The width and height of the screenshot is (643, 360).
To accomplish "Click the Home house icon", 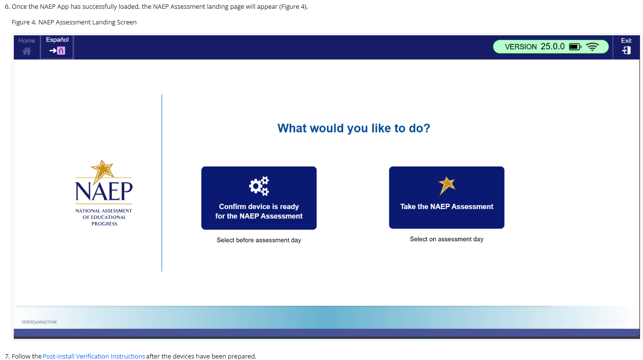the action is pos(27,51).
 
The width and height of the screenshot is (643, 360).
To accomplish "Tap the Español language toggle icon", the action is pos(57,51).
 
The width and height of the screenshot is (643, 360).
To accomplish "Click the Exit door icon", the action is pos(626,50).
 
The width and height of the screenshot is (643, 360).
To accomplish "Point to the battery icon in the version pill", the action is pos(575,47).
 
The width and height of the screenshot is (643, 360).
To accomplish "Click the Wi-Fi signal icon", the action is pos(593,47).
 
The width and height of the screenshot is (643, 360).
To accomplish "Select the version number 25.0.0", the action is pos(553,46).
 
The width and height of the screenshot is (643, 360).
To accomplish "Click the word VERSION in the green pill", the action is pos(521,47).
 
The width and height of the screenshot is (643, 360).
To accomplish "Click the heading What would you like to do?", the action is pos(354,128).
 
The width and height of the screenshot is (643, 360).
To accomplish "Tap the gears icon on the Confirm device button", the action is pos(259,186).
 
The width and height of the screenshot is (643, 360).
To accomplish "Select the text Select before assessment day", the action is pos(258,240).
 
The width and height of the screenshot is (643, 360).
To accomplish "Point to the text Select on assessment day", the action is pos(447,239).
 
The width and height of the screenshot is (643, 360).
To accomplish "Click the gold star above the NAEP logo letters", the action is pos(102,171).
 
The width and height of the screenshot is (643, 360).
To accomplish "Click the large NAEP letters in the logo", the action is pos(104,191).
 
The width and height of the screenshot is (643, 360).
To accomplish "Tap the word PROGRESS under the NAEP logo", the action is pos(104,224).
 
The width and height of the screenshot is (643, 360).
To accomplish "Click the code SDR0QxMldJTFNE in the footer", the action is pos(39,322).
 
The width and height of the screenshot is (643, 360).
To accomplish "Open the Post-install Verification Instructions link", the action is pos(94,356).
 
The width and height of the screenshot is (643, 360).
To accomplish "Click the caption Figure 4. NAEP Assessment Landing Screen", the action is pos(74,22).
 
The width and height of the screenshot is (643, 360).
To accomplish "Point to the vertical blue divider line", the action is pos(162,183).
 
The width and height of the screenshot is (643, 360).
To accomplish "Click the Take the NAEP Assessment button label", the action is pos(447,207).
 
